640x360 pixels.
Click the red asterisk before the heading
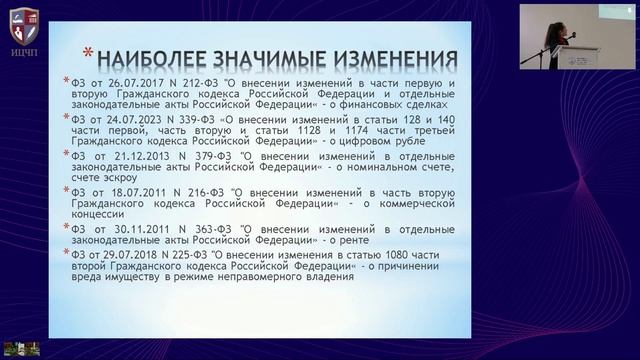(x=87, y=52)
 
